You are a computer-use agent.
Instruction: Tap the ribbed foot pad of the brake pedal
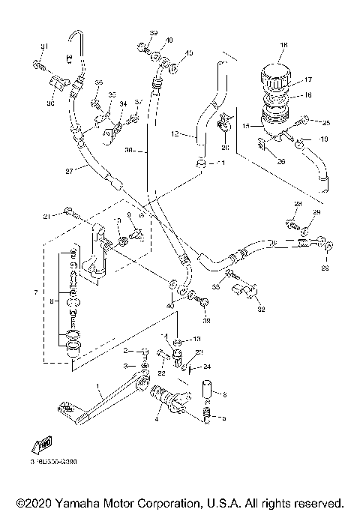65,409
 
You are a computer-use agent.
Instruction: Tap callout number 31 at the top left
43,47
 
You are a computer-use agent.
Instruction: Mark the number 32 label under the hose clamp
261,308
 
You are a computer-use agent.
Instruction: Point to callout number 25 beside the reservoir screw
325,121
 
